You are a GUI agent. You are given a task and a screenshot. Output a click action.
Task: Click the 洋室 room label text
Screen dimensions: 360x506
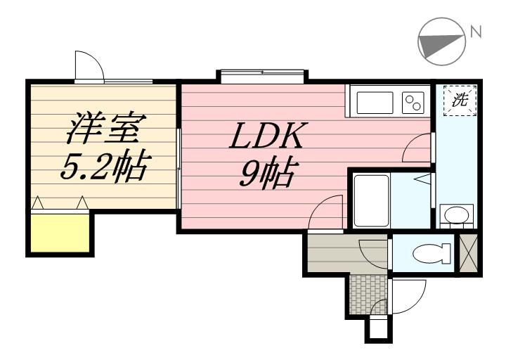(x=106, y=129)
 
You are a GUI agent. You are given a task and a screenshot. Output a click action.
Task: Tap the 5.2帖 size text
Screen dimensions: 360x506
(x=103, y=167)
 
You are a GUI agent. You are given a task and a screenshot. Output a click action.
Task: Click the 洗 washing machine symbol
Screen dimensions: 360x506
(x=460, y=100)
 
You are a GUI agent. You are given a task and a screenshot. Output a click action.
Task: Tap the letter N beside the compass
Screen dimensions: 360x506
(x=475, y=31)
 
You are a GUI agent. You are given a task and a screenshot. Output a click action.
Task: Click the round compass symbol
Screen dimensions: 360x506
(x=440, y=41)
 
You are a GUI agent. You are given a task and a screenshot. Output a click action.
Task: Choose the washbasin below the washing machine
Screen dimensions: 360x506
(x=455, y=214)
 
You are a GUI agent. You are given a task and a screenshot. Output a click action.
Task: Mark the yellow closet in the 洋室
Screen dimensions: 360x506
(x=58, y=231)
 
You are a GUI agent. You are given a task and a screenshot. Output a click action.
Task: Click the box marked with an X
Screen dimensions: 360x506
(x=467, y=253)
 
